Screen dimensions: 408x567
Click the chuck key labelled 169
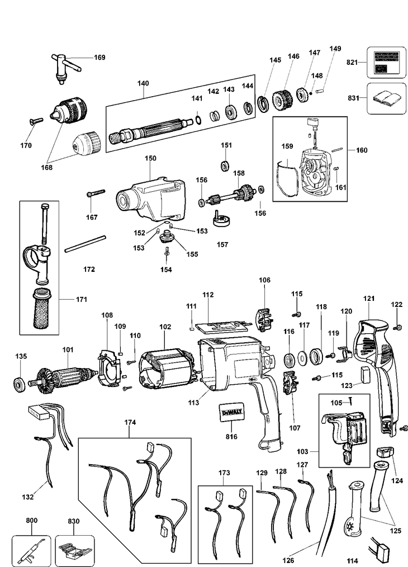[64, 67]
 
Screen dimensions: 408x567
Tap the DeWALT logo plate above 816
[232, 412]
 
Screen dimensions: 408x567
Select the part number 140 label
[143, 83]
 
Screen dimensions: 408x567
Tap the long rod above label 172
[86, 244]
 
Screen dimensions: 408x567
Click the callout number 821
[352, 62]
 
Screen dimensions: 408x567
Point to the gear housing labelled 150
[151, 199]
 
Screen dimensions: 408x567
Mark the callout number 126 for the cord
[288, 560]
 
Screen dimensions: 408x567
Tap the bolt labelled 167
[96, 193]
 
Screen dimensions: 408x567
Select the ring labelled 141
[198, 119]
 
